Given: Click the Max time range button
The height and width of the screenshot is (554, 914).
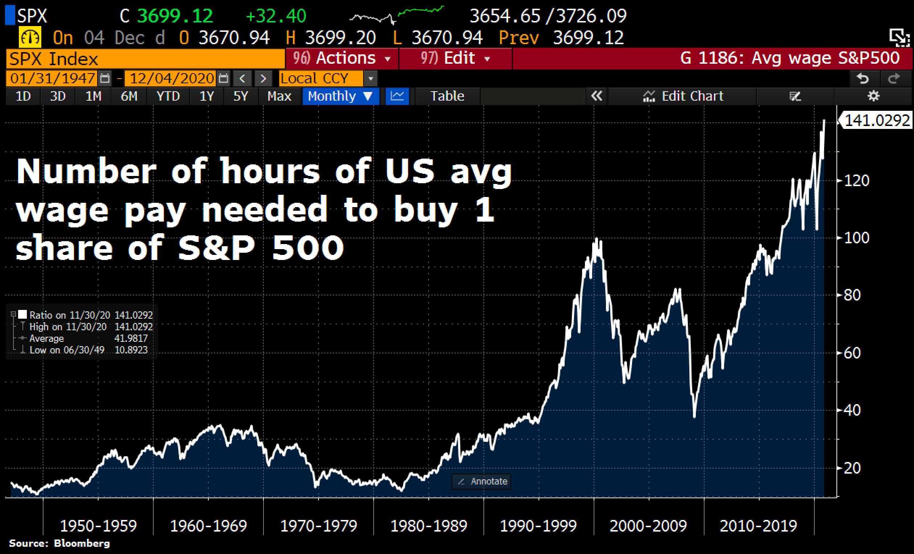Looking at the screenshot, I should pos(279,96).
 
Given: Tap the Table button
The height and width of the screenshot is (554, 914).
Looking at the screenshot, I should pos(447,96).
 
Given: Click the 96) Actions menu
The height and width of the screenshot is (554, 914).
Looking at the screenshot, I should pos(342,58).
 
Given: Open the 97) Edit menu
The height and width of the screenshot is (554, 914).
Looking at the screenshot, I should pos(455,58).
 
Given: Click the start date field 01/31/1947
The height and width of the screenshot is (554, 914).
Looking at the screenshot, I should pos(52,79).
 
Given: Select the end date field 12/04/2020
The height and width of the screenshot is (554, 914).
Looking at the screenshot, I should pos(171,79).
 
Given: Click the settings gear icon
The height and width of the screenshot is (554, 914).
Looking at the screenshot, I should pos(873,96).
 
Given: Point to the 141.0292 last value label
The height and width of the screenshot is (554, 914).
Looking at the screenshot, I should pos(877,121).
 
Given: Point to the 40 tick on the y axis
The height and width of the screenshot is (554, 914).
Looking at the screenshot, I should pos(852,410).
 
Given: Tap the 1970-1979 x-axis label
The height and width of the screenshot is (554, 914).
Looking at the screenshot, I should pos(318,526).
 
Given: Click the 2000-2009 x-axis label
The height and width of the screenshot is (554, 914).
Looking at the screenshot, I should pos(648,526).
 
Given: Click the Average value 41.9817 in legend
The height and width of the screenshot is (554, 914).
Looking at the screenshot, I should pos(131,338).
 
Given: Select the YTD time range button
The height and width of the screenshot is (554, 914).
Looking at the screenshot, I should pos(168,96).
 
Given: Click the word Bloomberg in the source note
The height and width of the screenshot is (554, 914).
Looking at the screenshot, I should pos(82,543).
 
